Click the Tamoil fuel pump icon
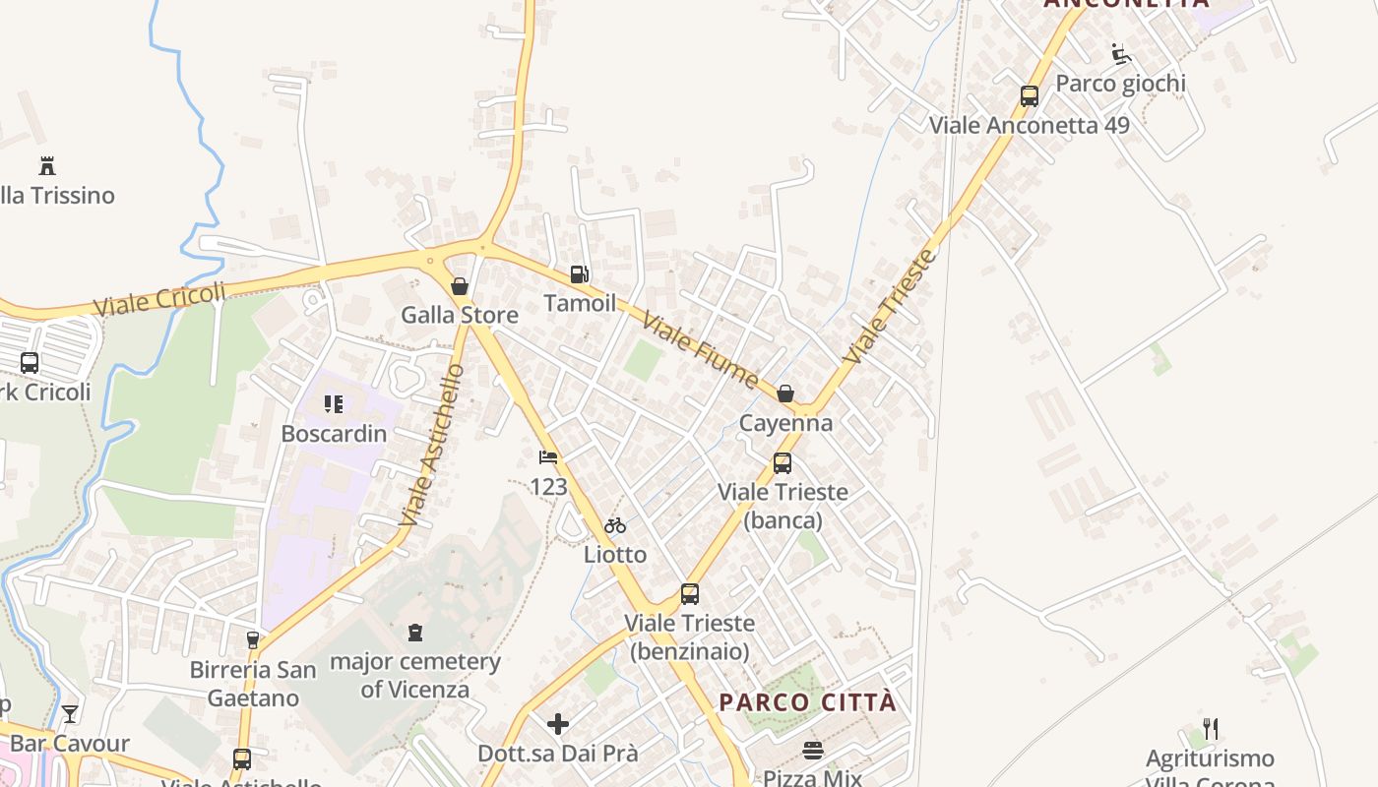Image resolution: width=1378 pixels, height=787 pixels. click(580, 274)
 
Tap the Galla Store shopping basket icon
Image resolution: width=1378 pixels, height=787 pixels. click(459, 286)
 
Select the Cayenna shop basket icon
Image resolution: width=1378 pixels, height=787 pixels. click(785, 394)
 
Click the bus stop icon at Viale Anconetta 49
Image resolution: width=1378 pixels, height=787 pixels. click(1030, 96)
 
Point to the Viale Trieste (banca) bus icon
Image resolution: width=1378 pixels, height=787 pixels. click(783, 462)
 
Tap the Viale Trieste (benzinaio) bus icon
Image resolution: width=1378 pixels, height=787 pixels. click(690, 594)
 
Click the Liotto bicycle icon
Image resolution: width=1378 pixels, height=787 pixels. click(615, 525)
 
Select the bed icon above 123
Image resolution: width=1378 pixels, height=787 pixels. click(548, 457)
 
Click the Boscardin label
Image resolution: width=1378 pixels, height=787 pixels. click(334, 433)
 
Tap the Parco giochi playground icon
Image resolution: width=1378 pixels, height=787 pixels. click(1120, 53)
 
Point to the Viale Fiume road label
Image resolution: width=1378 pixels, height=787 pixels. click(701, 350)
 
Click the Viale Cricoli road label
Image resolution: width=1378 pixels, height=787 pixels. click(160, 299)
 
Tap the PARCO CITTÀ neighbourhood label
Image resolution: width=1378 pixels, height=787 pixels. click(808, 702)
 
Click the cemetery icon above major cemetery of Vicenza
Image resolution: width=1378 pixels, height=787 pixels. click(415, 632)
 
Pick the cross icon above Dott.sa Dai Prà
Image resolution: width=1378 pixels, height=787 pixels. click(558, 725)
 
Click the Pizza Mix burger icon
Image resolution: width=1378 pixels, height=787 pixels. click(813, 751)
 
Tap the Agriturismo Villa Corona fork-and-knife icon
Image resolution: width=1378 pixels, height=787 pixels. click(1211, 729)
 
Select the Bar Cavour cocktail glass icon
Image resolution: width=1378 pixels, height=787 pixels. click(70, 713)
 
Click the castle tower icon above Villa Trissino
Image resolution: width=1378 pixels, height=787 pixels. click(47, 165)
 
